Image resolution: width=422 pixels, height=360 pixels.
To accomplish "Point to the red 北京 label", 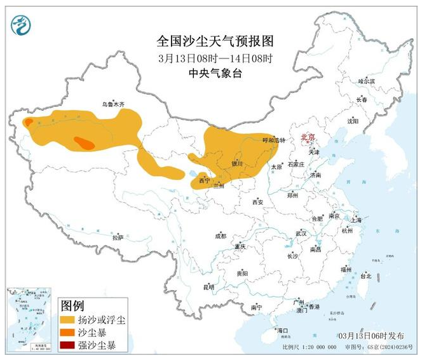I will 308,136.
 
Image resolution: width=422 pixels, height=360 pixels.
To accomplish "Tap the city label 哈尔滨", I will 366,81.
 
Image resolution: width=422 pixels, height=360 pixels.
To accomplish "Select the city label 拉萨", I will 117,237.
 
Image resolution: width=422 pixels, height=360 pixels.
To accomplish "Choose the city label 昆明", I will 208,287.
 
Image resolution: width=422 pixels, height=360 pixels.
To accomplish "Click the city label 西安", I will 257,202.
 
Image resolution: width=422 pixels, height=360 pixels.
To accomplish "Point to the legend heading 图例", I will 71,305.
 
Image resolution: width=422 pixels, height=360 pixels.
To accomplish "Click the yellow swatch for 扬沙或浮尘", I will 67,319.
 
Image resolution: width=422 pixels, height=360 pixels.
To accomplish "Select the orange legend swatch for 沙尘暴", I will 67,333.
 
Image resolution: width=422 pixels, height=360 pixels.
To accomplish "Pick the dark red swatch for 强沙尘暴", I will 67,346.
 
